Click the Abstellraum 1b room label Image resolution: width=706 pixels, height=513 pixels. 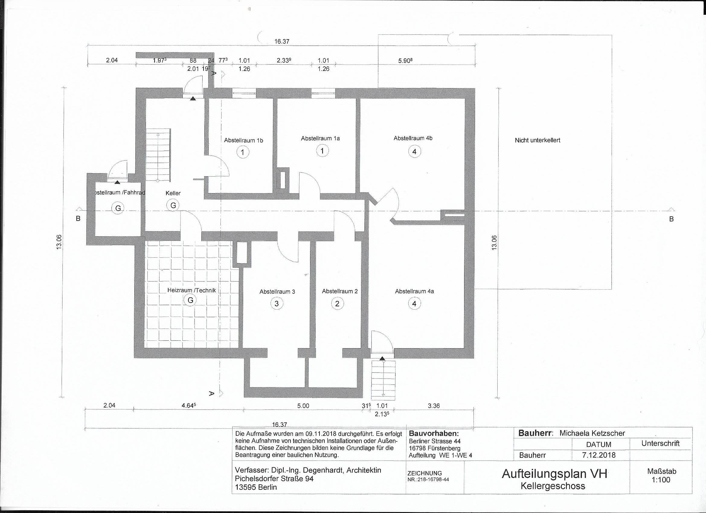coord(243,140)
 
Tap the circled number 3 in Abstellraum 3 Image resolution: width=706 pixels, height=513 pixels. coord(277,303)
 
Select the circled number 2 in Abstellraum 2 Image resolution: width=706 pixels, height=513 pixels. coord(337,303)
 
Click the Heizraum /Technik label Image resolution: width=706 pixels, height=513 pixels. coord(191,290)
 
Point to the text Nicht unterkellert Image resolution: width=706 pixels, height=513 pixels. coord(537,140)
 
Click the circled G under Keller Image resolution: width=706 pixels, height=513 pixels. coord(173,205)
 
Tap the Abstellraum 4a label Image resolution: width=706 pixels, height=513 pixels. coord(414,292)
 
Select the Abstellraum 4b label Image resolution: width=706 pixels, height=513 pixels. coord(413,138)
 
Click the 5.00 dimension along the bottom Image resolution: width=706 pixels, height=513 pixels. coord(303,406)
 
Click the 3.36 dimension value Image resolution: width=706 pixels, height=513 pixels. coord(434,406)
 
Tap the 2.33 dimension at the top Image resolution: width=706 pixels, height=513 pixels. coord(284,61)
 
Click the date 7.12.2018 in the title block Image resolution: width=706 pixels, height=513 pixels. coord(598,455)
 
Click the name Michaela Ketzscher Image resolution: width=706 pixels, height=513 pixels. coord(592,433)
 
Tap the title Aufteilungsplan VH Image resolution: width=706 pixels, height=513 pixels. coord(554,473)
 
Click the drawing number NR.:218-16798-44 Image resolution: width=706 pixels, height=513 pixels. coord(428,480)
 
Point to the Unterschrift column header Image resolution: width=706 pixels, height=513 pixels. coord(660,444)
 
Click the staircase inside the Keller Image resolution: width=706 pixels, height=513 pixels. coord(159,155)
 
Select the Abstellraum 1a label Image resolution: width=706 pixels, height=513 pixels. coord(320,139)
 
